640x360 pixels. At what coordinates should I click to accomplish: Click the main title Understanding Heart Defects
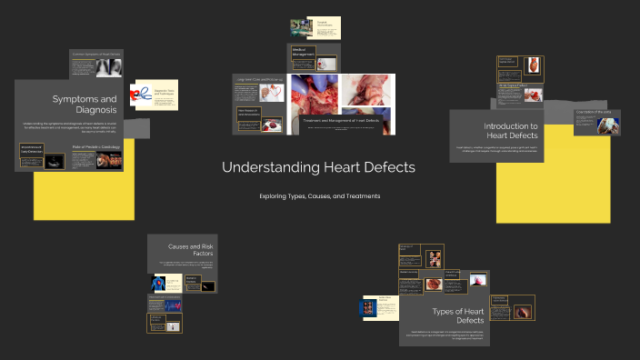click(318, 168)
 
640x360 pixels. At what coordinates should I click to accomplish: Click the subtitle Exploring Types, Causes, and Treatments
click(318, 196)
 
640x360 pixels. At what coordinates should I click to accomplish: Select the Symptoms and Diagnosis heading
click(84, 104)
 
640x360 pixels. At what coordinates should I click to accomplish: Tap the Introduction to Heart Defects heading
click(510, 131)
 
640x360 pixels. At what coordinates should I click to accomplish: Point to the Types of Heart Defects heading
click(457, 315)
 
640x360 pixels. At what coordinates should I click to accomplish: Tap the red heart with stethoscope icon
click(142, 93)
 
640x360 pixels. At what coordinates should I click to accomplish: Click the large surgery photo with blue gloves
click(314, 95)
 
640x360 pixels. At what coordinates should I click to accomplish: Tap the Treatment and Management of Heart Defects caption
click(341, 121)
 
